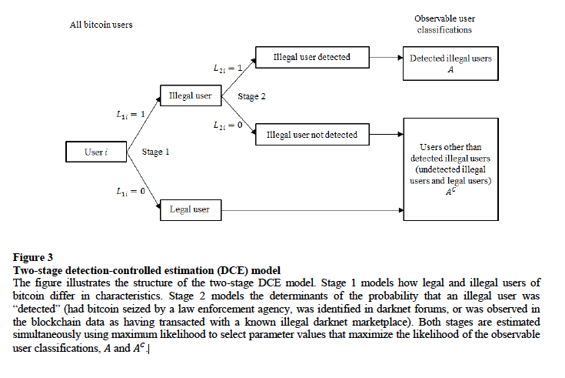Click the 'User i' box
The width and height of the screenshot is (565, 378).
95,152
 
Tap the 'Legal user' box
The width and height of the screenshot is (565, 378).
190,208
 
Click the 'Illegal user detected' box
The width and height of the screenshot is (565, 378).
312,57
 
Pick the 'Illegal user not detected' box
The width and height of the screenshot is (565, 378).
312,135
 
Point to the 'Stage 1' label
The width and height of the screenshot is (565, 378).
155,152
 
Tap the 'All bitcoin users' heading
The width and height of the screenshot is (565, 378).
101,25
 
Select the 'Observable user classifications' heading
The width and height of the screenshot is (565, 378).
444,24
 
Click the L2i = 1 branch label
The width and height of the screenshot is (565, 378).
228,70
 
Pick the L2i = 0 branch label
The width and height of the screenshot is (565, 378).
228,123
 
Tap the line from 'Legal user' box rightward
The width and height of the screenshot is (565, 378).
307,208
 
